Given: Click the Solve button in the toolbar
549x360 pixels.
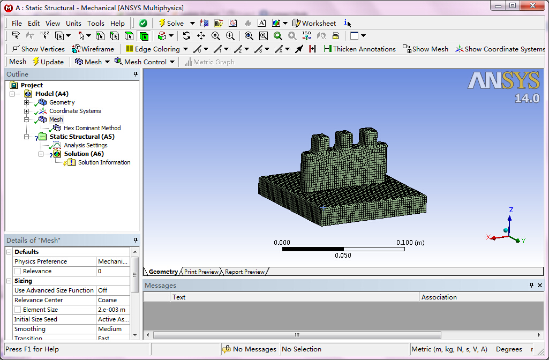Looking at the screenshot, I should click(x=171, y=23).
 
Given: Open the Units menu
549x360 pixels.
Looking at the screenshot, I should click(x=73, y=23).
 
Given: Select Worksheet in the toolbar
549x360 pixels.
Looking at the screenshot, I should click(x=314, y=23).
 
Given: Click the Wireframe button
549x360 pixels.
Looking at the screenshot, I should click(x=93, y=49).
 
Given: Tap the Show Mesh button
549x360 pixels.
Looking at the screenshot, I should click(x=426, y=49).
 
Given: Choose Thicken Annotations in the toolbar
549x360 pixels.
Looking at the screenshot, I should click(x=360, y=49).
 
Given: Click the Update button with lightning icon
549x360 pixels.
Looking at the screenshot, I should click(x=48, y=62).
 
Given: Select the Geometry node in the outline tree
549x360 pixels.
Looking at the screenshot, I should click(x=62, y=102).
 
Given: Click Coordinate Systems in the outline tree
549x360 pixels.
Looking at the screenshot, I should click(x=75, y=111).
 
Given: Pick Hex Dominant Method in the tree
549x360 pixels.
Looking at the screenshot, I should click(x=92, y=128).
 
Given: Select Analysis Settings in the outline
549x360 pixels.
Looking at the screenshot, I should click(x=86, y=145).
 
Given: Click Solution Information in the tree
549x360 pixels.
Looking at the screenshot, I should click(x=104, y=162).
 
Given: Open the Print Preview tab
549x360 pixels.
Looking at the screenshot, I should click(x=201, y=272).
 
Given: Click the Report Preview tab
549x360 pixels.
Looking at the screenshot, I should click(x=245, y=272).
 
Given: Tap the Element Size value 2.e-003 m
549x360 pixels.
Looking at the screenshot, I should click(x=111, y=310).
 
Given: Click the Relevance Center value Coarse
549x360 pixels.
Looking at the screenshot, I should click(x=108, y=300).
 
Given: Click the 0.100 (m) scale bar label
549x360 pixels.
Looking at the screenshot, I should click(x=410, y=243).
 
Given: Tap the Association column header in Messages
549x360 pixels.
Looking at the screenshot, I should click(x=439, y=297).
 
